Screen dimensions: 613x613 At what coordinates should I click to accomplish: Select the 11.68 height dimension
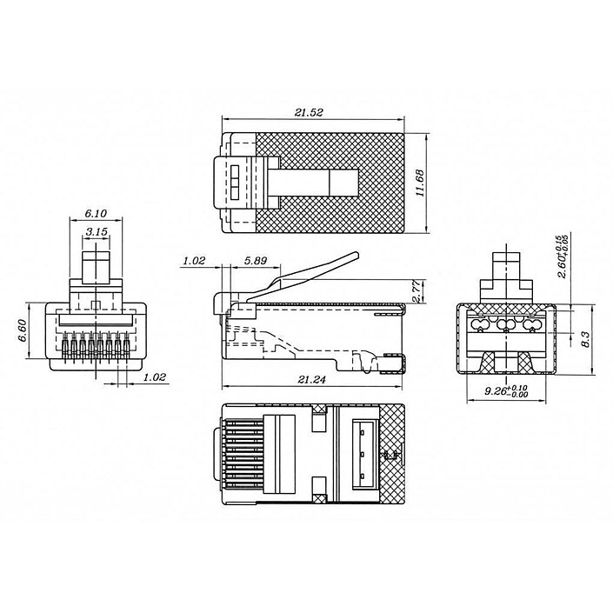(421, 183)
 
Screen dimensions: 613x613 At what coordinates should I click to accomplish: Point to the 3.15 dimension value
(97, 233)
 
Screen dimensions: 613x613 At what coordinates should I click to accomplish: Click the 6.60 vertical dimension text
(21, 330)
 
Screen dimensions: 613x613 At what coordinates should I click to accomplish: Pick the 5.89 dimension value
(256, 261)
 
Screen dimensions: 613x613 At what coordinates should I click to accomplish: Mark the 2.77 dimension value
(417, 290)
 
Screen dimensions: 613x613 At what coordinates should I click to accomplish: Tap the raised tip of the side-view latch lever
(353, 258)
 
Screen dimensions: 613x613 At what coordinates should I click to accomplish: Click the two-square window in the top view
(236, 183)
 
